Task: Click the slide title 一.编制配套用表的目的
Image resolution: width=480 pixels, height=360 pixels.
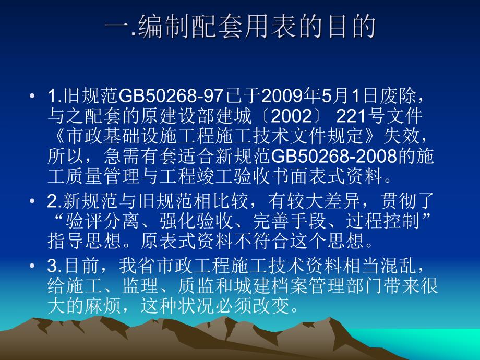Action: coord(240,28)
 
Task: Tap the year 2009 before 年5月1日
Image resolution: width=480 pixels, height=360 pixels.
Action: coord(280,97)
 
